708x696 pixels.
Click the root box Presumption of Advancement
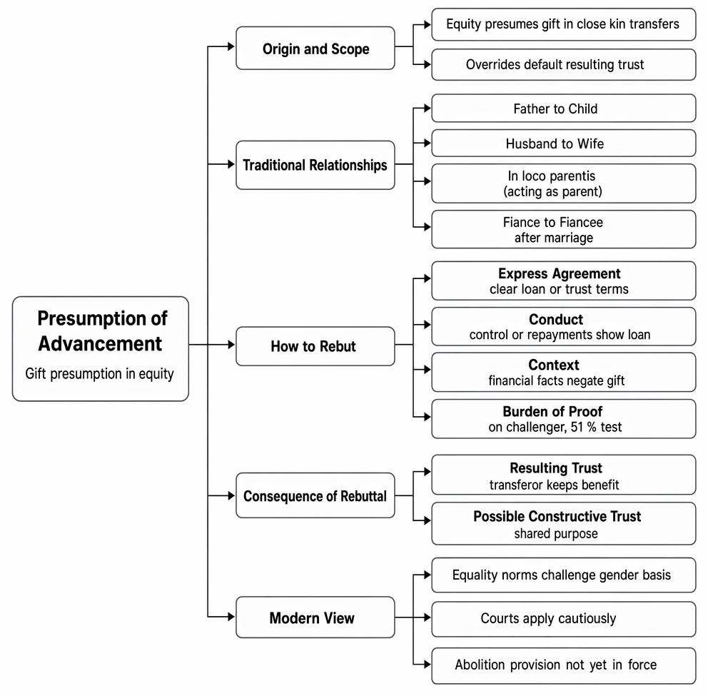point(100,348)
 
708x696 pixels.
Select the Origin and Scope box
point(315,48)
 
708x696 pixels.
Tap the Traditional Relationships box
point(315,165)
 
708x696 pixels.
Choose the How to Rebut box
point(315,346)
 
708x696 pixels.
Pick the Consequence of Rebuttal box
point(315,495)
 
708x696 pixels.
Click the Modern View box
point(315,617)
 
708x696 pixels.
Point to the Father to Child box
point(564,109)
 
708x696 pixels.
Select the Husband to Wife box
point(564,143)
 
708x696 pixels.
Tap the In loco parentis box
point(564,183)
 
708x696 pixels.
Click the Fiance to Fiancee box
point(564,229)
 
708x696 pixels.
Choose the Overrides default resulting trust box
point(564,64)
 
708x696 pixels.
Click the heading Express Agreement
point(559,273)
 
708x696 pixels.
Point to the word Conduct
point(556,319)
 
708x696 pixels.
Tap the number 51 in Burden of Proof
point(577,427)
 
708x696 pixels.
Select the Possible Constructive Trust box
point(564,523)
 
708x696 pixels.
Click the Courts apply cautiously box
point(564,619)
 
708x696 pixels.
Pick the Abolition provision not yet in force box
point(564,666)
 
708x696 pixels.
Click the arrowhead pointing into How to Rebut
point(231,345)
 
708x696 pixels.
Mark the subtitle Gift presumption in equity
point(99,374)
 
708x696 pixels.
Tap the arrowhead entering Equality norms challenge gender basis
point(428,575)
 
